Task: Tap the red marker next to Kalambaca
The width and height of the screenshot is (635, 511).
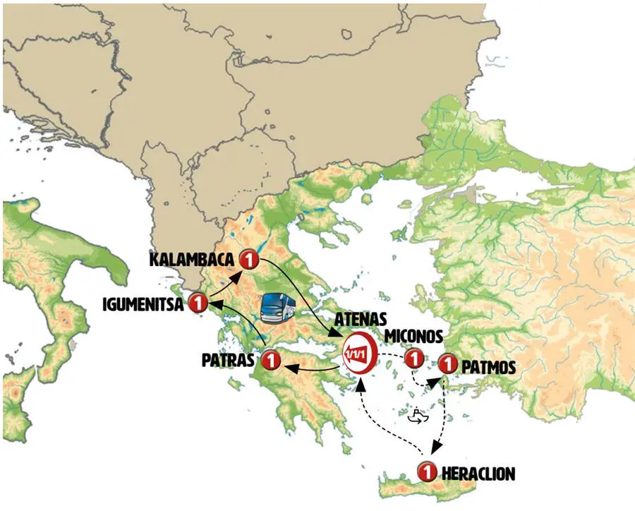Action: [248, 260]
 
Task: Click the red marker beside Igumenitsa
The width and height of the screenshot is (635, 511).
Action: [198, 303]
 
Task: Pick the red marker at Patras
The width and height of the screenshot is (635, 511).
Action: [271, 361]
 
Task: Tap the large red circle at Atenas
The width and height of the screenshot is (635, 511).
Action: [358, 351]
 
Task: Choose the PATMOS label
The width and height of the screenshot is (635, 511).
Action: [486, 367]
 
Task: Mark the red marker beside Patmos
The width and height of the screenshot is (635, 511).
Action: [447, 365]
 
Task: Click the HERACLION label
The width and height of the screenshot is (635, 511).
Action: [478, 473]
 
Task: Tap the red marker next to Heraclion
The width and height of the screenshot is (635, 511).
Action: [426, 470]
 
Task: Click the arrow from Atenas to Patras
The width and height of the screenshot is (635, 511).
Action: [314, 366]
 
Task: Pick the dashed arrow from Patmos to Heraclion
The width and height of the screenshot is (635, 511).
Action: [442, 416]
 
